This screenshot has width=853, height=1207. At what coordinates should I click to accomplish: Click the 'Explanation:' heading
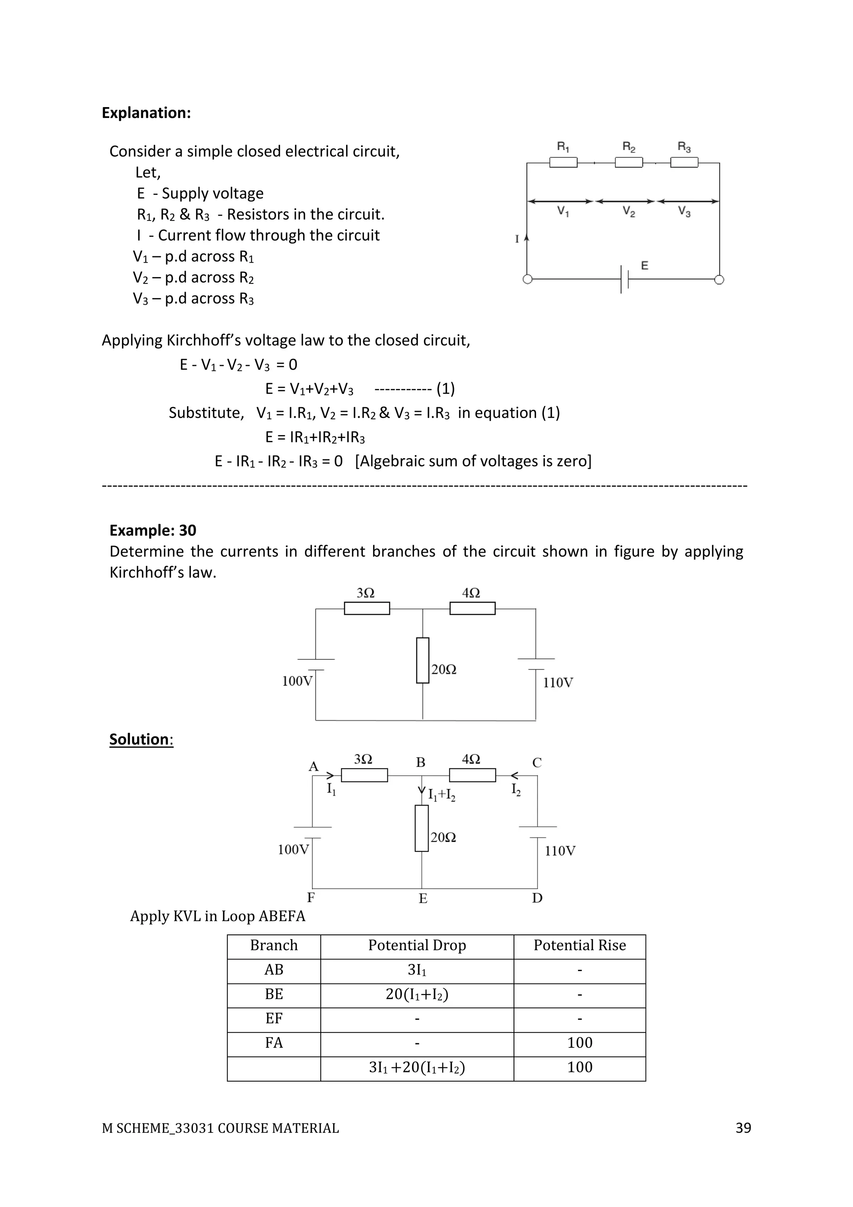point(146,113)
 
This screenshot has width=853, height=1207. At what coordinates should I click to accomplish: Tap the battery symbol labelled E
point(624,279)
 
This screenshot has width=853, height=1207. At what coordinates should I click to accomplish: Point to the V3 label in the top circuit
point(684,211)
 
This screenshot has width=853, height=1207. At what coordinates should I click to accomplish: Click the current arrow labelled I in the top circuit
point(527,239)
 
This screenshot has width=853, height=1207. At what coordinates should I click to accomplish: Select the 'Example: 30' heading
point(152,531)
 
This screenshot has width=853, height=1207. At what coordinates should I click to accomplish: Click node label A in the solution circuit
point(314,766)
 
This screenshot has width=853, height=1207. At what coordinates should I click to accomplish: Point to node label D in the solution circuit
point(537,898)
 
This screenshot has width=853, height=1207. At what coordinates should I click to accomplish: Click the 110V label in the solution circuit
point(560,851)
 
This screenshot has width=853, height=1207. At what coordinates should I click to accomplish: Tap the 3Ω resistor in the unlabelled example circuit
point(367,608)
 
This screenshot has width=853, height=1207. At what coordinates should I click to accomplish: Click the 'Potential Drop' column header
point(417,945)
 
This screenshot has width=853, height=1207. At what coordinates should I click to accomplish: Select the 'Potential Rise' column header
point(579,945)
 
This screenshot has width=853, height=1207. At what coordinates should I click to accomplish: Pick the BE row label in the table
point(274,994)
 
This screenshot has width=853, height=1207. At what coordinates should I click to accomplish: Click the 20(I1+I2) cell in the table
point(417,994)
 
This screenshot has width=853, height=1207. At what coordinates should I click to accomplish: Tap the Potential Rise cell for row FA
point(579,1043)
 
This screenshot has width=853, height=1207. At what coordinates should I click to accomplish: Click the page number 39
point(743,1128)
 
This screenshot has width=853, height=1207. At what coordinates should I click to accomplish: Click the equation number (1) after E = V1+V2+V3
point(445,389)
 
